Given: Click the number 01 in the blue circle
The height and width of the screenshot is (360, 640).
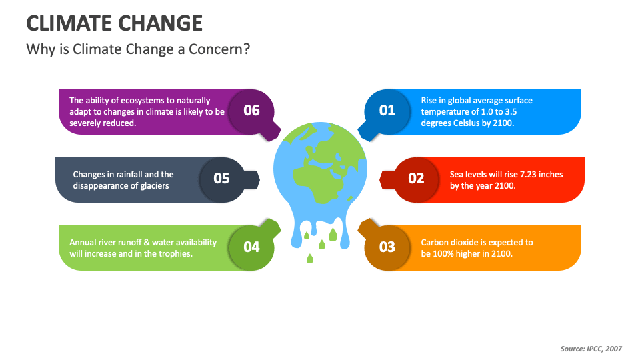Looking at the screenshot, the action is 387,111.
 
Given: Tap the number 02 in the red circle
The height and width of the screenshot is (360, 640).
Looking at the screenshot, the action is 416,179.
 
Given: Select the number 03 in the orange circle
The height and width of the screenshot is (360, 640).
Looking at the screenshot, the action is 387,247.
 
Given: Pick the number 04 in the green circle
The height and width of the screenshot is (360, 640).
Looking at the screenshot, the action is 251,247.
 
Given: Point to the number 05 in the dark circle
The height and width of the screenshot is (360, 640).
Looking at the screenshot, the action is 221,179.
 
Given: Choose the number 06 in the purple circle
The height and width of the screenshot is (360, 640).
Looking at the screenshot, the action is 251,111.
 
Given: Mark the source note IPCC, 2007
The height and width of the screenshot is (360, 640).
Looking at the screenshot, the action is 604,349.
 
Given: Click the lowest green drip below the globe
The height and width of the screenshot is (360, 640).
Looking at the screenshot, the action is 310,258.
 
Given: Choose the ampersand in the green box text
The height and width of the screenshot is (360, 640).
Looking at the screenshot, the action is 147,243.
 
